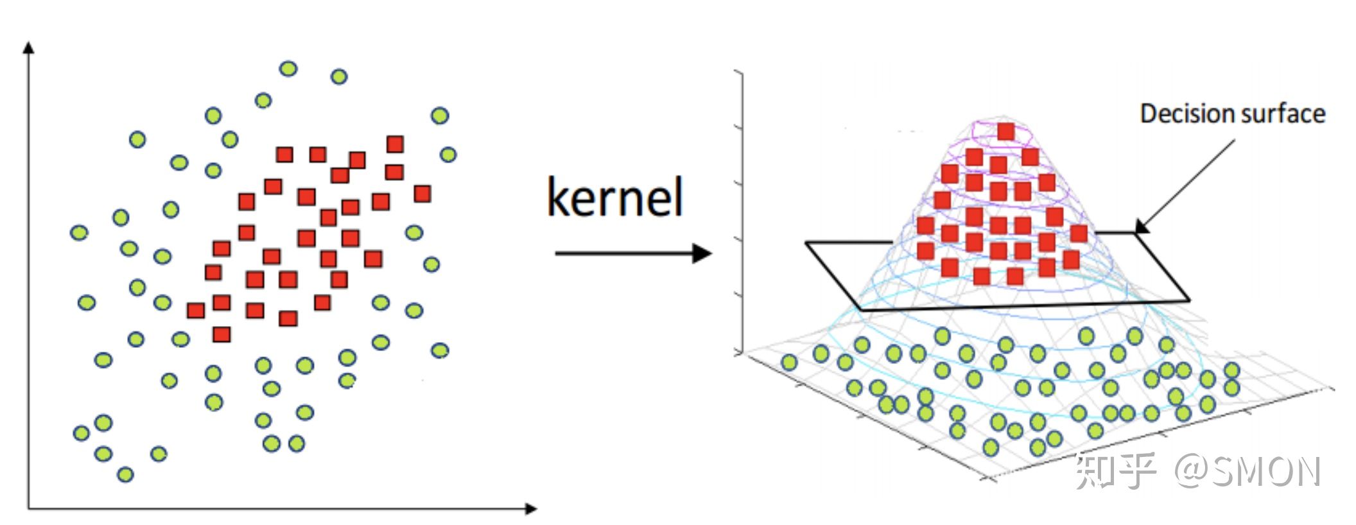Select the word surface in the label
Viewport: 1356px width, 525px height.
coord(1279,114)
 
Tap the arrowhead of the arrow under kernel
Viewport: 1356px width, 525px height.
coord(703,254)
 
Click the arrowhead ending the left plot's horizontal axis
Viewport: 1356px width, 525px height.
coord(531,509)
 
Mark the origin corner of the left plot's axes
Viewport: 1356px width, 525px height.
coord(28,509)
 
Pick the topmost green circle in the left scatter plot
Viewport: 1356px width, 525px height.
coord(288,69)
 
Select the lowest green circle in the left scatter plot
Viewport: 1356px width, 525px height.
coord(125,475)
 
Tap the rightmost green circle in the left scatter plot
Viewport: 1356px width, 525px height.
coord(448,155)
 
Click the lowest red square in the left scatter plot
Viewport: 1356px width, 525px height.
coord(222,334)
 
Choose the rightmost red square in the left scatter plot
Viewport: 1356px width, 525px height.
coord(422,193)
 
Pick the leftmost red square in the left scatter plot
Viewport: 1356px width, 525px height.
coord(196,311)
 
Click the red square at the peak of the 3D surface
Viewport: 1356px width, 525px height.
coord(1005,132)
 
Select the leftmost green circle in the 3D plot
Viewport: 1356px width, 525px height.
coord(788,363)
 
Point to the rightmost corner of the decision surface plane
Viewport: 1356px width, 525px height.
coord(1189,300)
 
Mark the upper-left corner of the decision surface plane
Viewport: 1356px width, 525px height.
coord(807,243)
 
